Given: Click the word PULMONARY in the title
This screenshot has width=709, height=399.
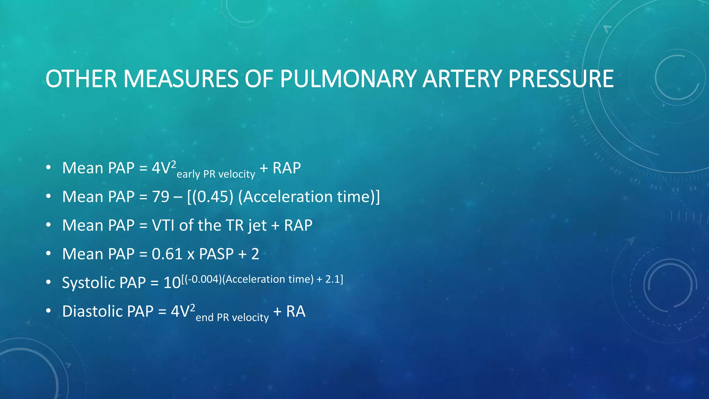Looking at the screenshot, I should tap(348, 79).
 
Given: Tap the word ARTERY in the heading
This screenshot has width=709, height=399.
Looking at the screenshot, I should tap(462, 79).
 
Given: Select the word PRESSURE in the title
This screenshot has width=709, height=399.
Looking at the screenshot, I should tap(561, 79).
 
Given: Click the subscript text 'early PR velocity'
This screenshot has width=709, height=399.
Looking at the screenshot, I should tap(216, 174).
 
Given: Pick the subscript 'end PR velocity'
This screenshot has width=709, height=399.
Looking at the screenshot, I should tap(232, 317).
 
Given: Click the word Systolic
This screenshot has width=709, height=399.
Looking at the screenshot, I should tap(88, 283).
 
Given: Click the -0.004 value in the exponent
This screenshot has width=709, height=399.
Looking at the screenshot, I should tap(203, 279).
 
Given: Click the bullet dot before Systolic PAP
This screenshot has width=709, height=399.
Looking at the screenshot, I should tap(48, 282).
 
